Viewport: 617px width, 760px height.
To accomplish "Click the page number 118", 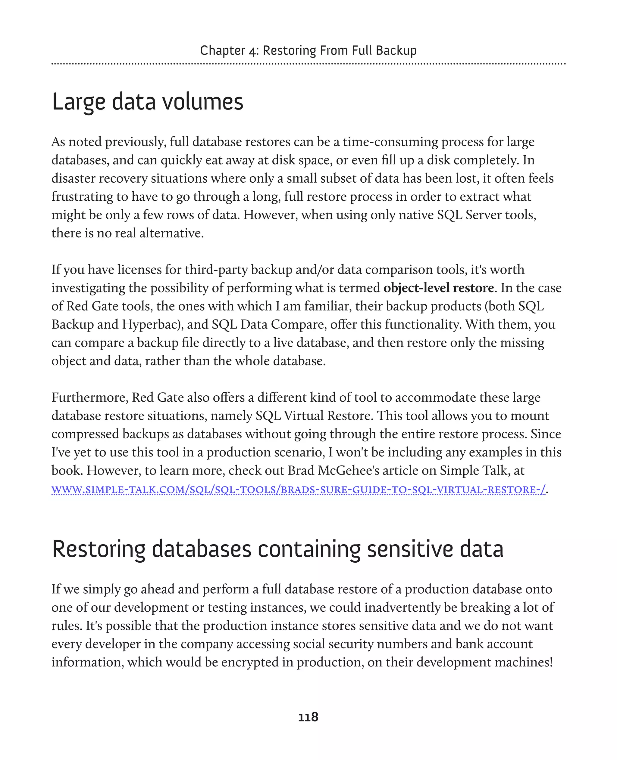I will click(308, 717).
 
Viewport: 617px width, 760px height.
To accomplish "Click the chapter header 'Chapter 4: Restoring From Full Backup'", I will click(308, 51).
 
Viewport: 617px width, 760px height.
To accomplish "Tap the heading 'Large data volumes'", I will click(148, 102).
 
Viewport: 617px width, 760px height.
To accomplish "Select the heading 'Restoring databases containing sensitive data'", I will click(277, 549).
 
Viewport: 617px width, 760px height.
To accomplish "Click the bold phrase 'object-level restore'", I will click(438, 288).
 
